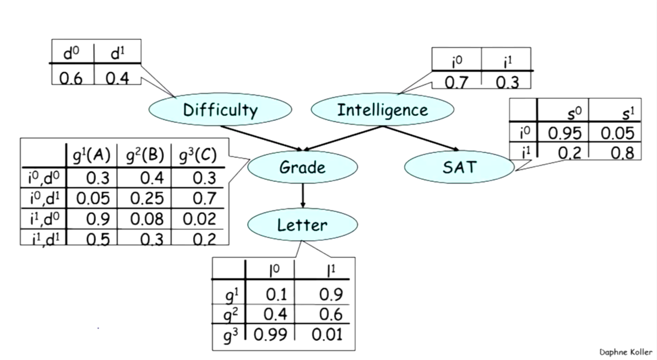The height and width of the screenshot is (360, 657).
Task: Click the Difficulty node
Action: pos(220,110)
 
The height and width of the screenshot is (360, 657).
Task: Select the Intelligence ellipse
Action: pos(382,110)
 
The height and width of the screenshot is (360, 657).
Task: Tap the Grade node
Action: pos(302,167)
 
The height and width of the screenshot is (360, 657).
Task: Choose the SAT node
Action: pos(459,167)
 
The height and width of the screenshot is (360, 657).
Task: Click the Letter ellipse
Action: pos(302,225)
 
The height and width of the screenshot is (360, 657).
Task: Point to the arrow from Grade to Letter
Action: pos(303,195)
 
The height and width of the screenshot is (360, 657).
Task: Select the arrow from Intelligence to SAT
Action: pos(420,138)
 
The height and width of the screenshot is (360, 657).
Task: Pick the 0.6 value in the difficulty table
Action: pos(71,79)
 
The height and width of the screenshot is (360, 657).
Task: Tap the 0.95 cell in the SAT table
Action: pos(565,133)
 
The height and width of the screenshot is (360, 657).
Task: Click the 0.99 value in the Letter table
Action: pos(270,334)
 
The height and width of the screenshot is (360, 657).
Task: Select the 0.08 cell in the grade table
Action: pos(147,219)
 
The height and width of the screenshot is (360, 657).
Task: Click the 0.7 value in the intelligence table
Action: pos(456,82)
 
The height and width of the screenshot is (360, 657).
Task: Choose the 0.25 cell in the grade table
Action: pos(147,198)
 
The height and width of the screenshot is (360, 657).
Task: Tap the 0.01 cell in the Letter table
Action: pos(327,334)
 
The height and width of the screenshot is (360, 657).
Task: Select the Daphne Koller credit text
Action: pos(626,352)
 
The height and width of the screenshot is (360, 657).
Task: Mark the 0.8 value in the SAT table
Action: pos(622,153)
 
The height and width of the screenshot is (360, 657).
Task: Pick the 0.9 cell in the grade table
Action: pos(98,219)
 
